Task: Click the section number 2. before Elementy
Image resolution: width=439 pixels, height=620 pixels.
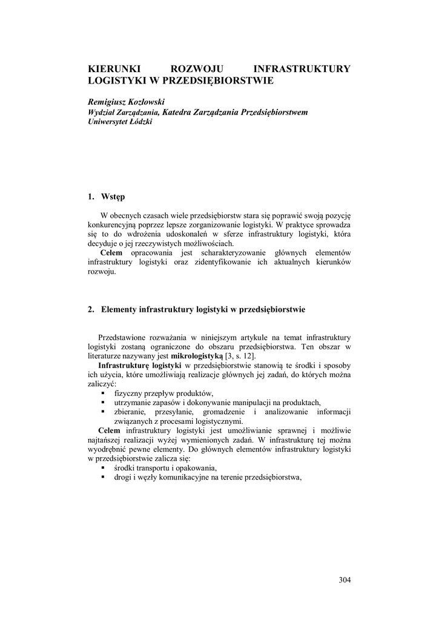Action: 91,309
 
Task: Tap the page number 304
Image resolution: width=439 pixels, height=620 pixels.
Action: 345,579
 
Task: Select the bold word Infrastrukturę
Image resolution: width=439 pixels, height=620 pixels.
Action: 124,366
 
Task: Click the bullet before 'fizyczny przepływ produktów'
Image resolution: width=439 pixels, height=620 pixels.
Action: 102,394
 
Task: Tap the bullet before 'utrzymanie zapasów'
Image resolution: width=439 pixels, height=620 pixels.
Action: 102,403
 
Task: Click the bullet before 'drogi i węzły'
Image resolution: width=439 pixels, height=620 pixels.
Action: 102,478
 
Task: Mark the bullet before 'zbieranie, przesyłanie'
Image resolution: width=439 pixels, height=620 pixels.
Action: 102,412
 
